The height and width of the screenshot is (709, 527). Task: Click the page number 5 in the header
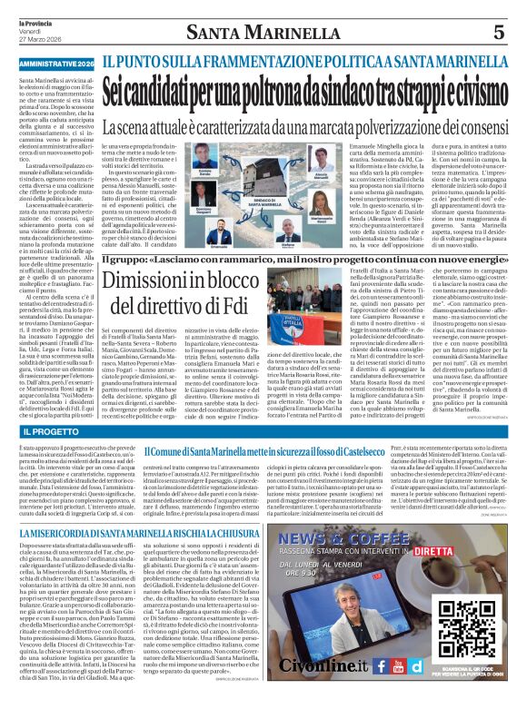click(498, 33)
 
